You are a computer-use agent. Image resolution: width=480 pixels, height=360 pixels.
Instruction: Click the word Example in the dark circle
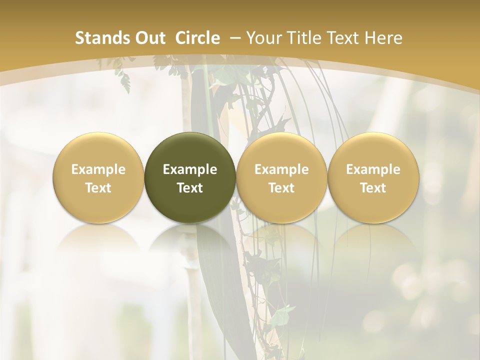point(190,170)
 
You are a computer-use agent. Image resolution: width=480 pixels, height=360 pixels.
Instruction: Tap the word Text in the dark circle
point(190,188)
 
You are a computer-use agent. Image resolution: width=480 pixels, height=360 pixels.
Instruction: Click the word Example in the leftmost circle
point(98,170)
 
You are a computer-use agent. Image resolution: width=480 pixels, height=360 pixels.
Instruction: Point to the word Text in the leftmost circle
point(98,188)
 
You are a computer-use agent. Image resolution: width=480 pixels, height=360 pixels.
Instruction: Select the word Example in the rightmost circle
point(373,170)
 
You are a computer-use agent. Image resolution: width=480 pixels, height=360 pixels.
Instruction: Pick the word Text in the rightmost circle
point(373,188)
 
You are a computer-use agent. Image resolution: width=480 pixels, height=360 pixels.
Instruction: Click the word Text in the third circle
point(281,188)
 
